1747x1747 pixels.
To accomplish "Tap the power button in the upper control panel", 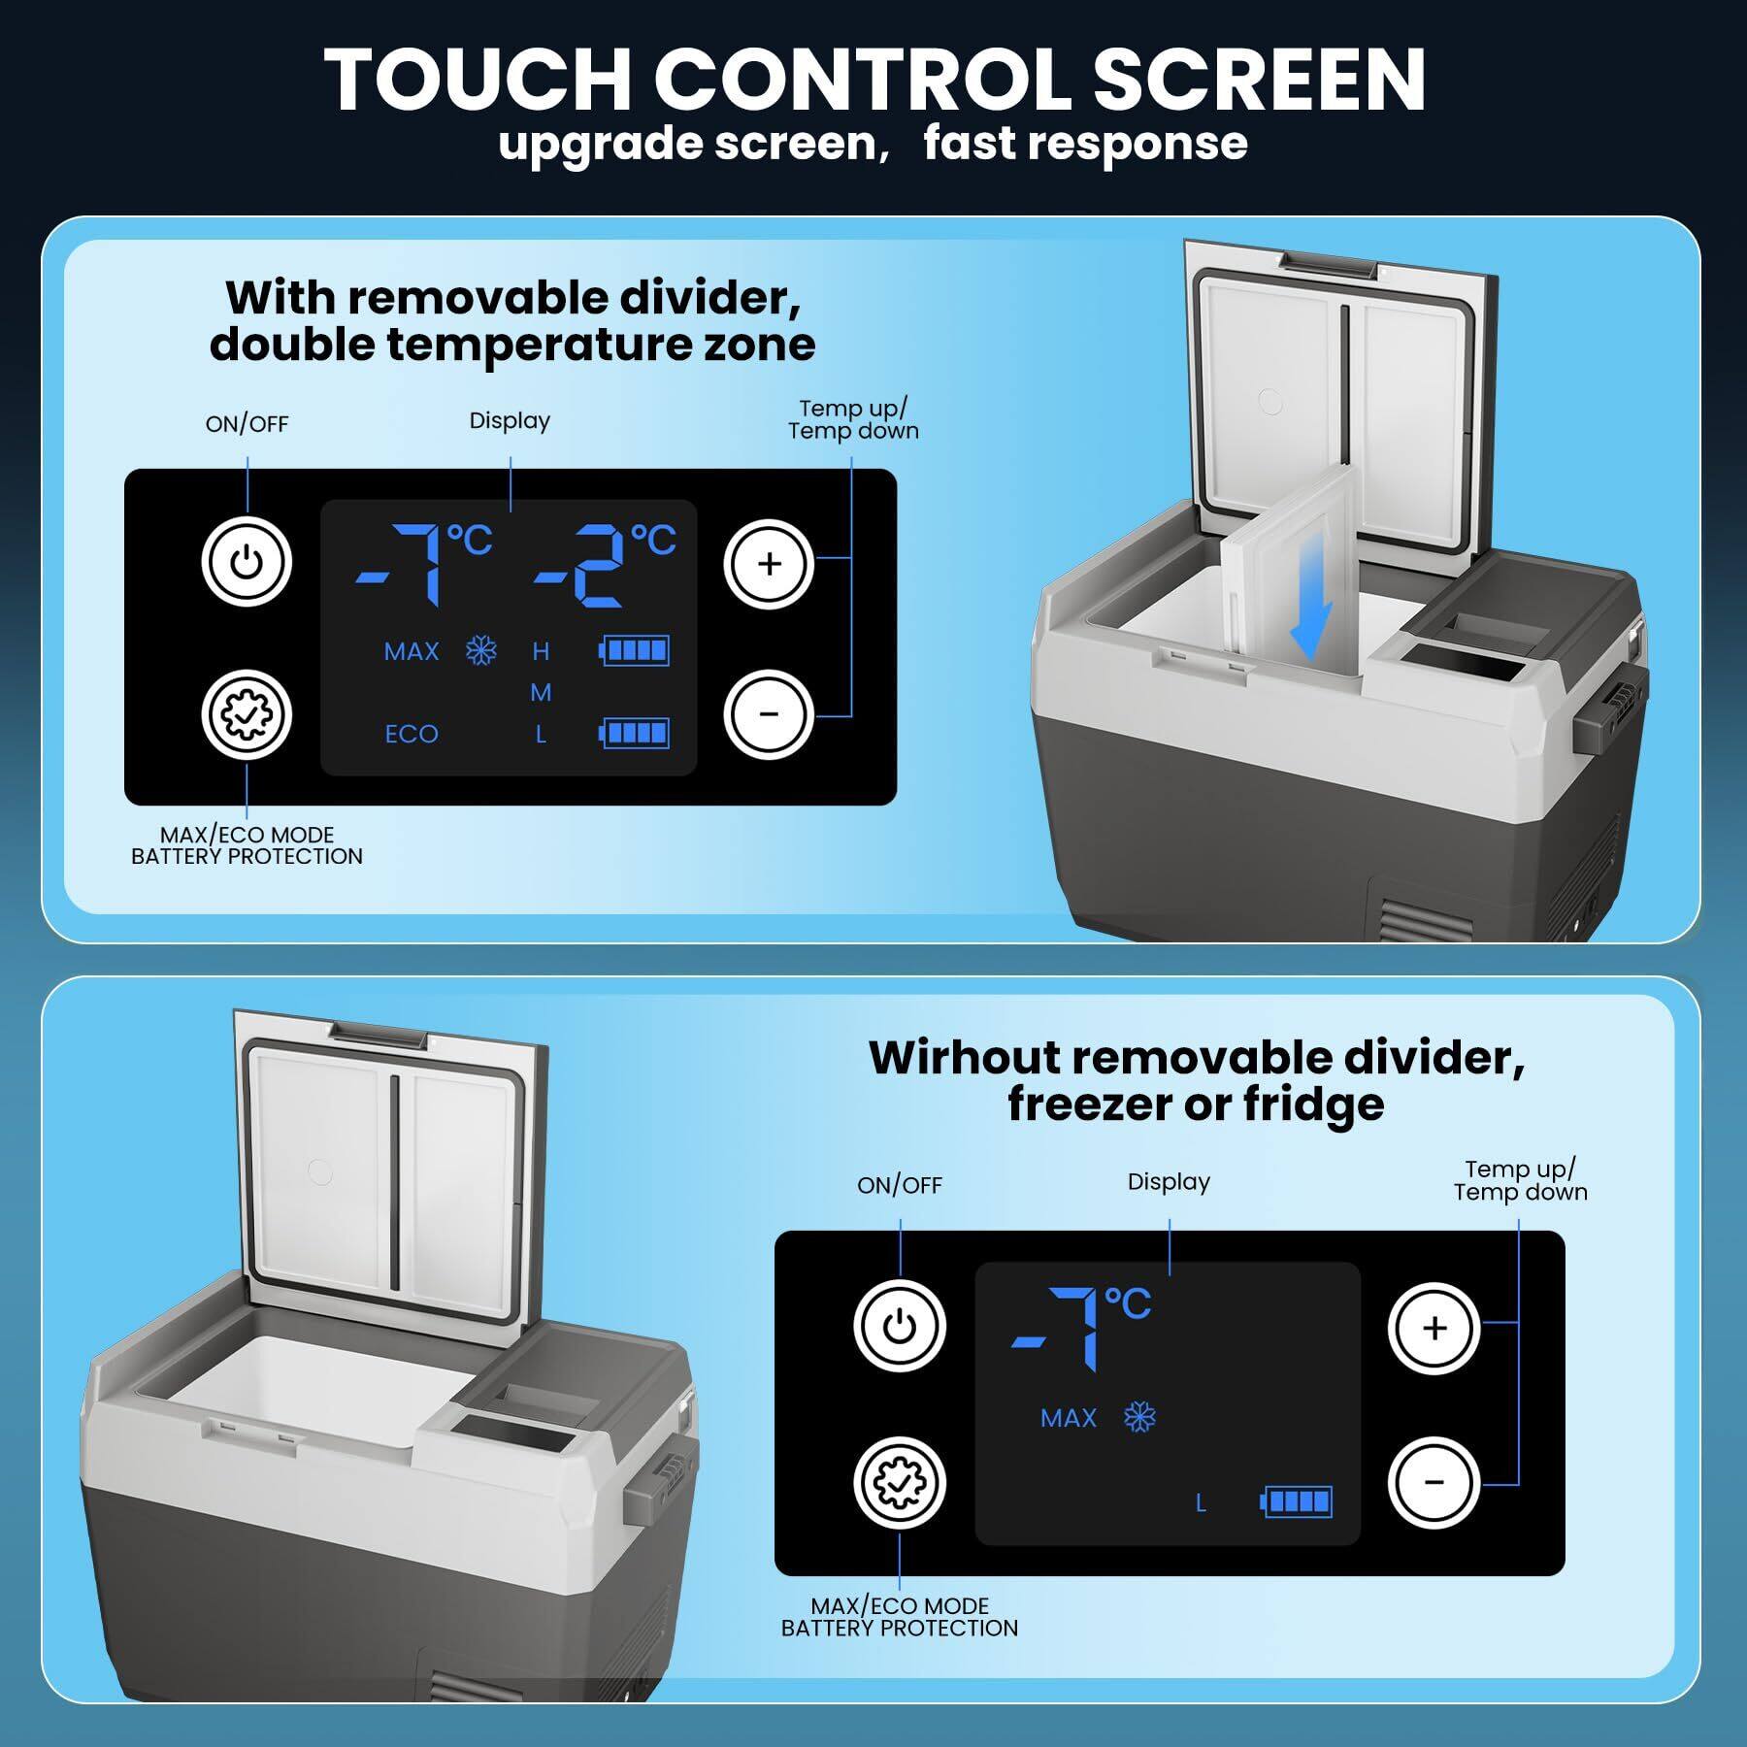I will [x=247, y=563].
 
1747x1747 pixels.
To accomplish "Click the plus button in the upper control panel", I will [x=769, y=564].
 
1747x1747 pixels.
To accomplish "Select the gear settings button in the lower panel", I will [x=899, y=1483].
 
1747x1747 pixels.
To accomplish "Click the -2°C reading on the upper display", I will [x=604, y=566].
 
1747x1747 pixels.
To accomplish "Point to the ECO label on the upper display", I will [x=412, y=734].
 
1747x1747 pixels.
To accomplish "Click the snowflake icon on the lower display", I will [x=1139, y=1418].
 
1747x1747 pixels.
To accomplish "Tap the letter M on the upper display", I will [x=541, y=692].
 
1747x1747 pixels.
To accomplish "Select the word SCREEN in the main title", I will [x=1259, y=80].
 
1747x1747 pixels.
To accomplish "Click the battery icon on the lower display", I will [x=1297, y=1501].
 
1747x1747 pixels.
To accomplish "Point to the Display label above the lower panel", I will [x=1169, y=1182].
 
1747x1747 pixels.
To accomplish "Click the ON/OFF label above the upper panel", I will [x=247, y=424].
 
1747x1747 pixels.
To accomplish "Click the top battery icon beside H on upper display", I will [x=635, y=650].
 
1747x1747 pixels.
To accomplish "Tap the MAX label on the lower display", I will [x=1068, y=1418].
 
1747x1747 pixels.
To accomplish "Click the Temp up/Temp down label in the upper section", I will [x=853, y=419].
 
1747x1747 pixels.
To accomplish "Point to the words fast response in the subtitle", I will [x=1084, y=144].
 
